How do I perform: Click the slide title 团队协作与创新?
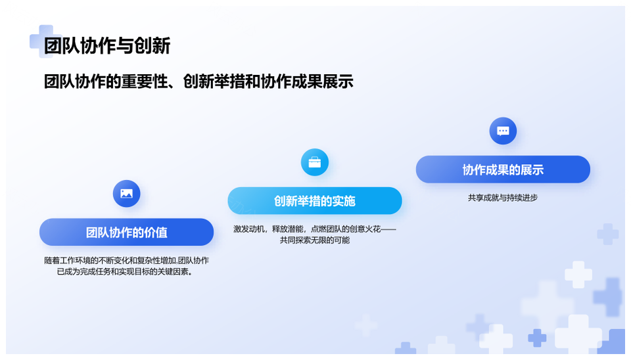(107, 45)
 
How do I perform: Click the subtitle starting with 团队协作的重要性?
(199, 81)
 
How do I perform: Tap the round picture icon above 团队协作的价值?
(126, 194)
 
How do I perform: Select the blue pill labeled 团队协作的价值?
(126, 232)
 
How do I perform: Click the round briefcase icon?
(315, 162)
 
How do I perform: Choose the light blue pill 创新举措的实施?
(315, 201)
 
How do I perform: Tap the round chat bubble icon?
(503, 131)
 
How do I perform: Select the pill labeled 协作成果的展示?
(503, 169)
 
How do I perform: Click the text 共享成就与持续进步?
(503, 198)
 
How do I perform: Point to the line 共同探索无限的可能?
(315, 240)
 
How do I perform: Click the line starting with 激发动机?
(315, 229)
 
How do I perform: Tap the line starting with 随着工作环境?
(126, 260)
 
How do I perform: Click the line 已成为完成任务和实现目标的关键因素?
(125, 271)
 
